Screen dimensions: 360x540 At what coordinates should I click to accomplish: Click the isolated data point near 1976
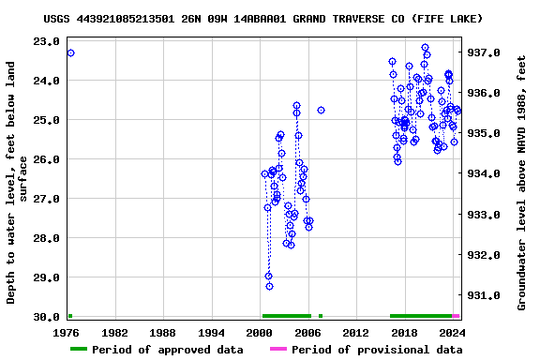pos(70,52)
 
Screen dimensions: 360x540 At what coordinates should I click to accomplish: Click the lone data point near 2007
pos(321,110)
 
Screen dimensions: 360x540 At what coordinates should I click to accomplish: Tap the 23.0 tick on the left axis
pos(44,41)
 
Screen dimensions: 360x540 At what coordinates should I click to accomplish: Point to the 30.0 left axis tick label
pos(44,317)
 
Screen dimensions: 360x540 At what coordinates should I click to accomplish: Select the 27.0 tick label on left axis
pos(44,199)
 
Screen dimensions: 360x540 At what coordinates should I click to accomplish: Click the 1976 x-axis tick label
pos(67,333)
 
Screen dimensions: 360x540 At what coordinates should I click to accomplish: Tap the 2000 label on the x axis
pos(260,333)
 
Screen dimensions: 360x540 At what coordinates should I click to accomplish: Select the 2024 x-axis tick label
pos(452,333)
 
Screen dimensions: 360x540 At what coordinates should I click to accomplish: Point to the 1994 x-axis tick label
pos(211,333)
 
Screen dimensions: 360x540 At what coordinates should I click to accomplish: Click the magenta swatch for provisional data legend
pos(277,350)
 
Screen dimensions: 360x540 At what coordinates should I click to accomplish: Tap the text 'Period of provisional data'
pos(377,350)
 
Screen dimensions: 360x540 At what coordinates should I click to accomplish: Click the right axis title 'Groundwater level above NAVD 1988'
pos(521,183)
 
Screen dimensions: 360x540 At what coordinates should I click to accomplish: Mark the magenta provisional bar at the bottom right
pos(456,316)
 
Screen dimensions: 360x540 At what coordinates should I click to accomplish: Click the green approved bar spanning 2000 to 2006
pos(286,316)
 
